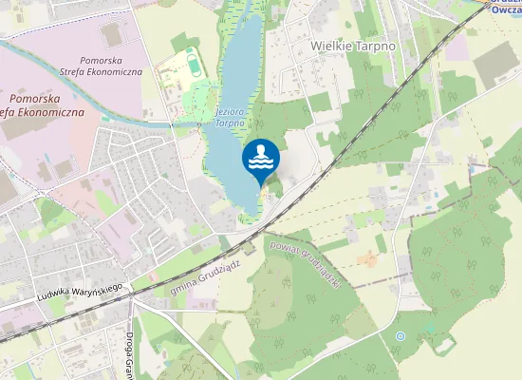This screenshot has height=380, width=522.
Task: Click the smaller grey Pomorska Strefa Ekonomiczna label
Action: point(111,66)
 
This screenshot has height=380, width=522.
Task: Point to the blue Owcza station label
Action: point(503,11)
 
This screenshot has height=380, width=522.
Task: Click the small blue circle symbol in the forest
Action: point(401,336)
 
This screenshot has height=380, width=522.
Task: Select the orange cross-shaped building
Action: point(369,257)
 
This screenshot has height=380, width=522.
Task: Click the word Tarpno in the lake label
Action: point(230,123)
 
